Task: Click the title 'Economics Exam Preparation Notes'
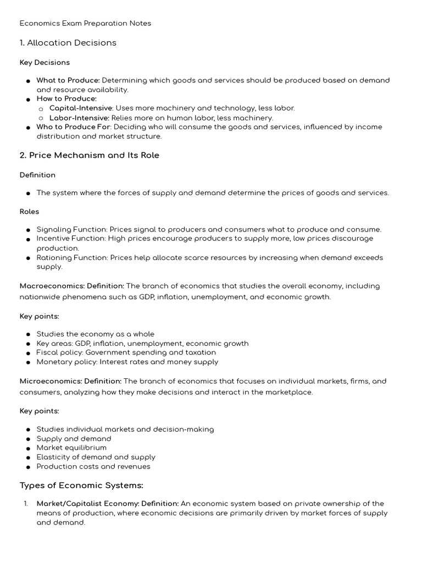pyautogui.click(x=85, y=23)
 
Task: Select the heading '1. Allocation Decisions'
pyautogui.click(x=68, y=43)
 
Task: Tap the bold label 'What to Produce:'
pyautogui.click(x=68, y=80)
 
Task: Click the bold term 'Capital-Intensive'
pyautogui.click(x=81, y=108)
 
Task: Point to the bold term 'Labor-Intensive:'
pyautogui.click(x=80, y=118)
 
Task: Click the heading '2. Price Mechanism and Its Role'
pyautogui.click(x=90, y=156)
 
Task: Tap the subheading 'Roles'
pyautogui.click(x=29, y=212)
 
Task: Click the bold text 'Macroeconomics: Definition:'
pyautogui.click(x=72, y=286)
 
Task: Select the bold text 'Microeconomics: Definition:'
pyautogui.click(x=71, y=381)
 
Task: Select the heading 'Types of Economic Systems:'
pyautogui.click(x=81, y=485)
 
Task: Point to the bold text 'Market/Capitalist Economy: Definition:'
pyautogui.click(x=108, y=504)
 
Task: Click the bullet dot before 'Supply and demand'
pyautogui.click(x=28, y=439)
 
